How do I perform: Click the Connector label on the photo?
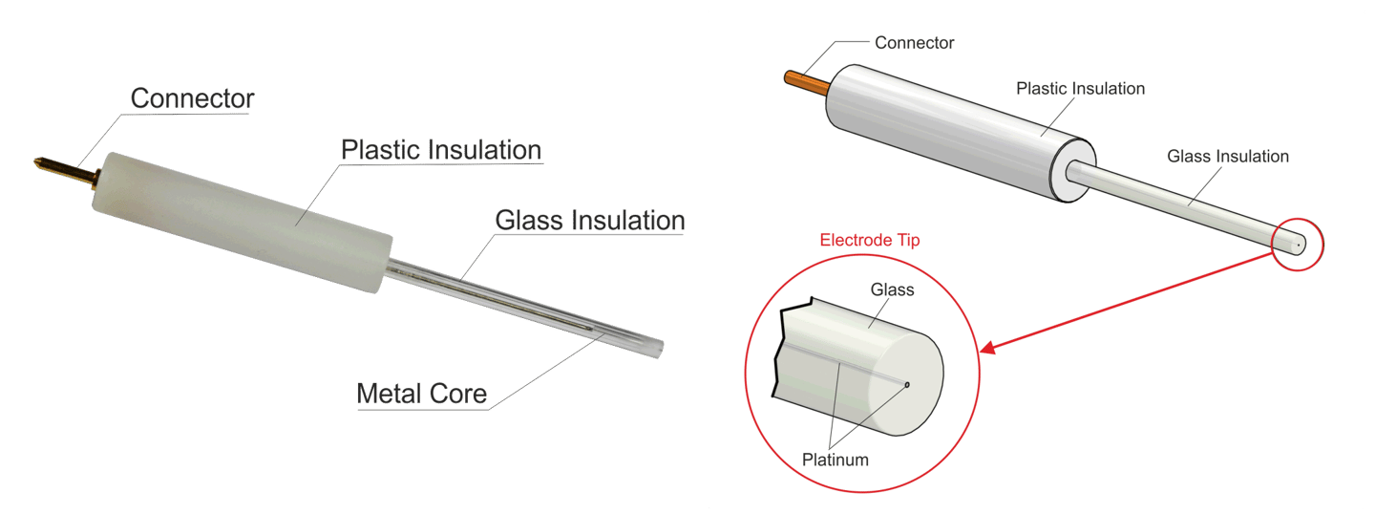(192, 98)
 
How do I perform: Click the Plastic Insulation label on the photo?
(441, 151)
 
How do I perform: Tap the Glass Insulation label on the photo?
(590, 221)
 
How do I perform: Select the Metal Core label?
(422, 393)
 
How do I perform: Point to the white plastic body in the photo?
(239, 210)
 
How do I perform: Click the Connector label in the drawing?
(914, 43)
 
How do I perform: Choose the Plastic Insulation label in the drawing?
(1080, 89)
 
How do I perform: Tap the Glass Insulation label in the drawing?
(1228, 157)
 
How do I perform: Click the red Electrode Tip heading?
(870, 240)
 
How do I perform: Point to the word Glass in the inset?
(891, 289)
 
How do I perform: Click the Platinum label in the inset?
(836, 460)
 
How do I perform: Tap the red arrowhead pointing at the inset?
(989, 349)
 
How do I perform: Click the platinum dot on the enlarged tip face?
(907, 385)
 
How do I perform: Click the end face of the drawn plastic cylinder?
(1072, 177)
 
